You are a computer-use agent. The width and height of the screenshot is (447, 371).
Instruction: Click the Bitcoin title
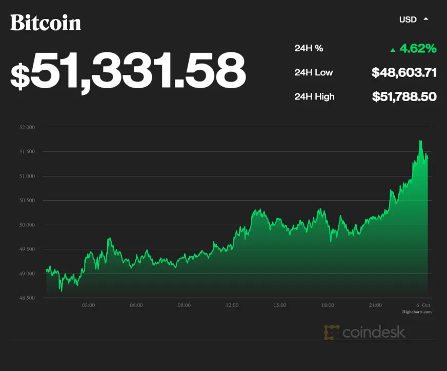pos(46,23)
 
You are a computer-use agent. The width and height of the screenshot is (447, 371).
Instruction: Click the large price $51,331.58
pos(128,70)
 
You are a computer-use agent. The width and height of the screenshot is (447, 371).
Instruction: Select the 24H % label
pos(309,49)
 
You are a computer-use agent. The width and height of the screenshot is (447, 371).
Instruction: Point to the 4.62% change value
pos(418,49)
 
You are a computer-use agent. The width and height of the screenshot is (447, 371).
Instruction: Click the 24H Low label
pos(313,72)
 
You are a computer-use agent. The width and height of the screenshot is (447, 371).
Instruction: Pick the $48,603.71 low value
pos(404,73)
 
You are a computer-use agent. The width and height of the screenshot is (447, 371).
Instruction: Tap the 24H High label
pos(314,96)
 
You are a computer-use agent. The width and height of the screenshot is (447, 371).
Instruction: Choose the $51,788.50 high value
pos(404,96)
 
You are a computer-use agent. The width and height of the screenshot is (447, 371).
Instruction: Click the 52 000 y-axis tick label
pos(27,127)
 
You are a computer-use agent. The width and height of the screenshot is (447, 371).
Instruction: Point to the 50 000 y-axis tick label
pos(27,225)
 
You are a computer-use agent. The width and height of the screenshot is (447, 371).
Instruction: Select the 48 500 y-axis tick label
pos(27,298)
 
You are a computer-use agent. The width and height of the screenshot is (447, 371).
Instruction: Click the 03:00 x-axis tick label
pos(88,305)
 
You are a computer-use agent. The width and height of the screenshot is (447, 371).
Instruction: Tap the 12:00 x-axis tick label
pos(232,305)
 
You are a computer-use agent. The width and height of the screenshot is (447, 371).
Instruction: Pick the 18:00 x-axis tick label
pos(328,305)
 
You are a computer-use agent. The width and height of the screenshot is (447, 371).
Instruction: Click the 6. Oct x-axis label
pos(423,305)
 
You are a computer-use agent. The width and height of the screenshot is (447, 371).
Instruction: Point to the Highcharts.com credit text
pos(417,311)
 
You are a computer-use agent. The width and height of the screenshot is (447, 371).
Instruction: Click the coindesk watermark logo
pos(364,333)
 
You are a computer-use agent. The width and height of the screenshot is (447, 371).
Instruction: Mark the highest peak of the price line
pos(420,141)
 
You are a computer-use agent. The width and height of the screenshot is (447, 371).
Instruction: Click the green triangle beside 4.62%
pos(393,50)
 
